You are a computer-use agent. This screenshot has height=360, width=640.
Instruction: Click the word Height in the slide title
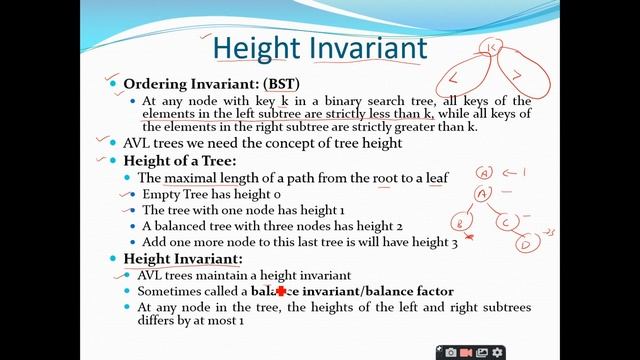(x=255, y=47)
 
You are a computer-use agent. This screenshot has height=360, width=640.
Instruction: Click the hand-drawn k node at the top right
(x=492, y=47)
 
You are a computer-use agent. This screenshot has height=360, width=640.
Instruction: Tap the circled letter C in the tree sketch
(x=509, y=220)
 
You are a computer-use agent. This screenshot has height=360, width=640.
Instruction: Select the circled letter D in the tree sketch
(x=524, y=243)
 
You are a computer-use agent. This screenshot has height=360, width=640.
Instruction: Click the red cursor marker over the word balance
(x=281, y=291)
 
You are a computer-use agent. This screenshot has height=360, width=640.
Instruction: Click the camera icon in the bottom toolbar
(x=451, y=352)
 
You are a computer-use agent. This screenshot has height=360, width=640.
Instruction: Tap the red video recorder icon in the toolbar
(x=466, y=352)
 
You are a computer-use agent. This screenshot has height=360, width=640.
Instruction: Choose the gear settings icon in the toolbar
(x=497, y=352)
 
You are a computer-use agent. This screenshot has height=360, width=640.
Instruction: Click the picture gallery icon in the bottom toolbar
(x=481, y=352)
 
